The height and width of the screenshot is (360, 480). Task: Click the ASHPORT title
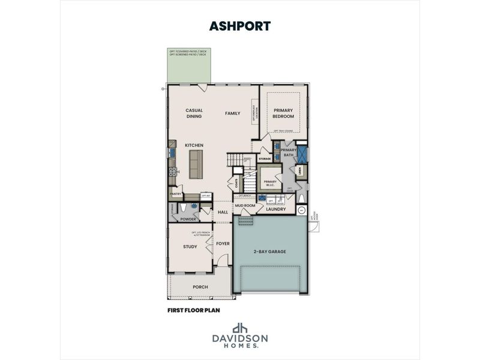[239, 26]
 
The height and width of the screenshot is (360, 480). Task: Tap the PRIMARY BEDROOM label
[283, 113]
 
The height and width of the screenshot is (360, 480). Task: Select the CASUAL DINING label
[193, 113]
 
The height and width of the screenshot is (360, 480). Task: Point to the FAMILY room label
[232, 113]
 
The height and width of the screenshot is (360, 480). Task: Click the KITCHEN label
[194, 145]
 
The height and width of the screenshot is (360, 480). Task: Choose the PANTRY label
[176, 194]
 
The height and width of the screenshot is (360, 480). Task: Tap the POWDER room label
[188, 219]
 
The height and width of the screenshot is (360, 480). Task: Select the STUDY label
[190, 247]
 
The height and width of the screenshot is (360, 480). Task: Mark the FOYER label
[223, 244]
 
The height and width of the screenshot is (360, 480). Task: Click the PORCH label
[200, 287]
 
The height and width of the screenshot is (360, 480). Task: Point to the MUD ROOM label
[245, 206]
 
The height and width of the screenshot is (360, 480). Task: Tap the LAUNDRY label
[276, 209]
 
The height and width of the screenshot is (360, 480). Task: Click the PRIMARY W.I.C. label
[270, 182]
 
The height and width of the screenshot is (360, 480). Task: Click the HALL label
[223, 212]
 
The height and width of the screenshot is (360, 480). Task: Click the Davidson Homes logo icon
[240, 328]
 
